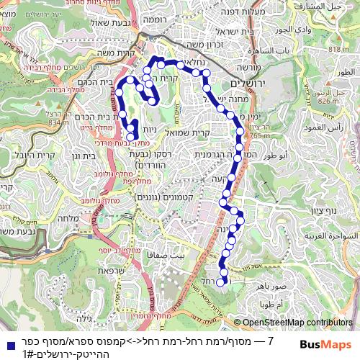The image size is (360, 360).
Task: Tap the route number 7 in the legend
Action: (270, 340)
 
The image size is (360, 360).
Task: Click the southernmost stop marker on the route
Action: (221, 282)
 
